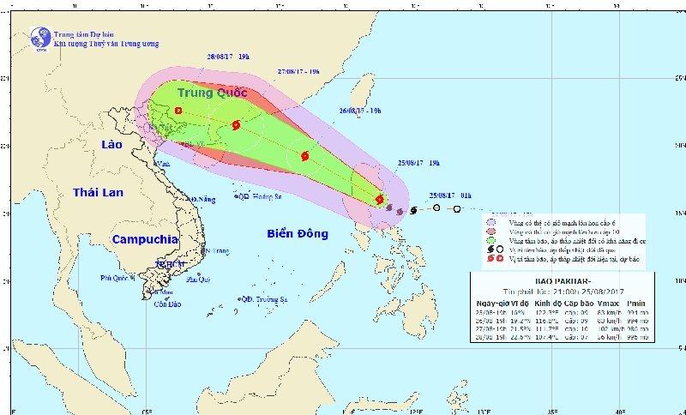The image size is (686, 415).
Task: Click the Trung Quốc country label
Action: coord(212,93)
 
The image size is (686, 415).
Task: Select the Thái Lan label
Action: coord(99,192)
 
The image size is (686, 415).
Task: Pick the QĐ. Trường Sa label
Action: coord(262,298)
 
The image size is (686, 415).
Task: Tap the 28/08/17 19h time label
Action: coord(228,56)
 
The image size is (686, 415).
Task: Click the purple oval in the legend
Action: coord(491,220)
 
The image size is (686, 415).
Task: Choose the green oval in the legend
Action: coord(491,242)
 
